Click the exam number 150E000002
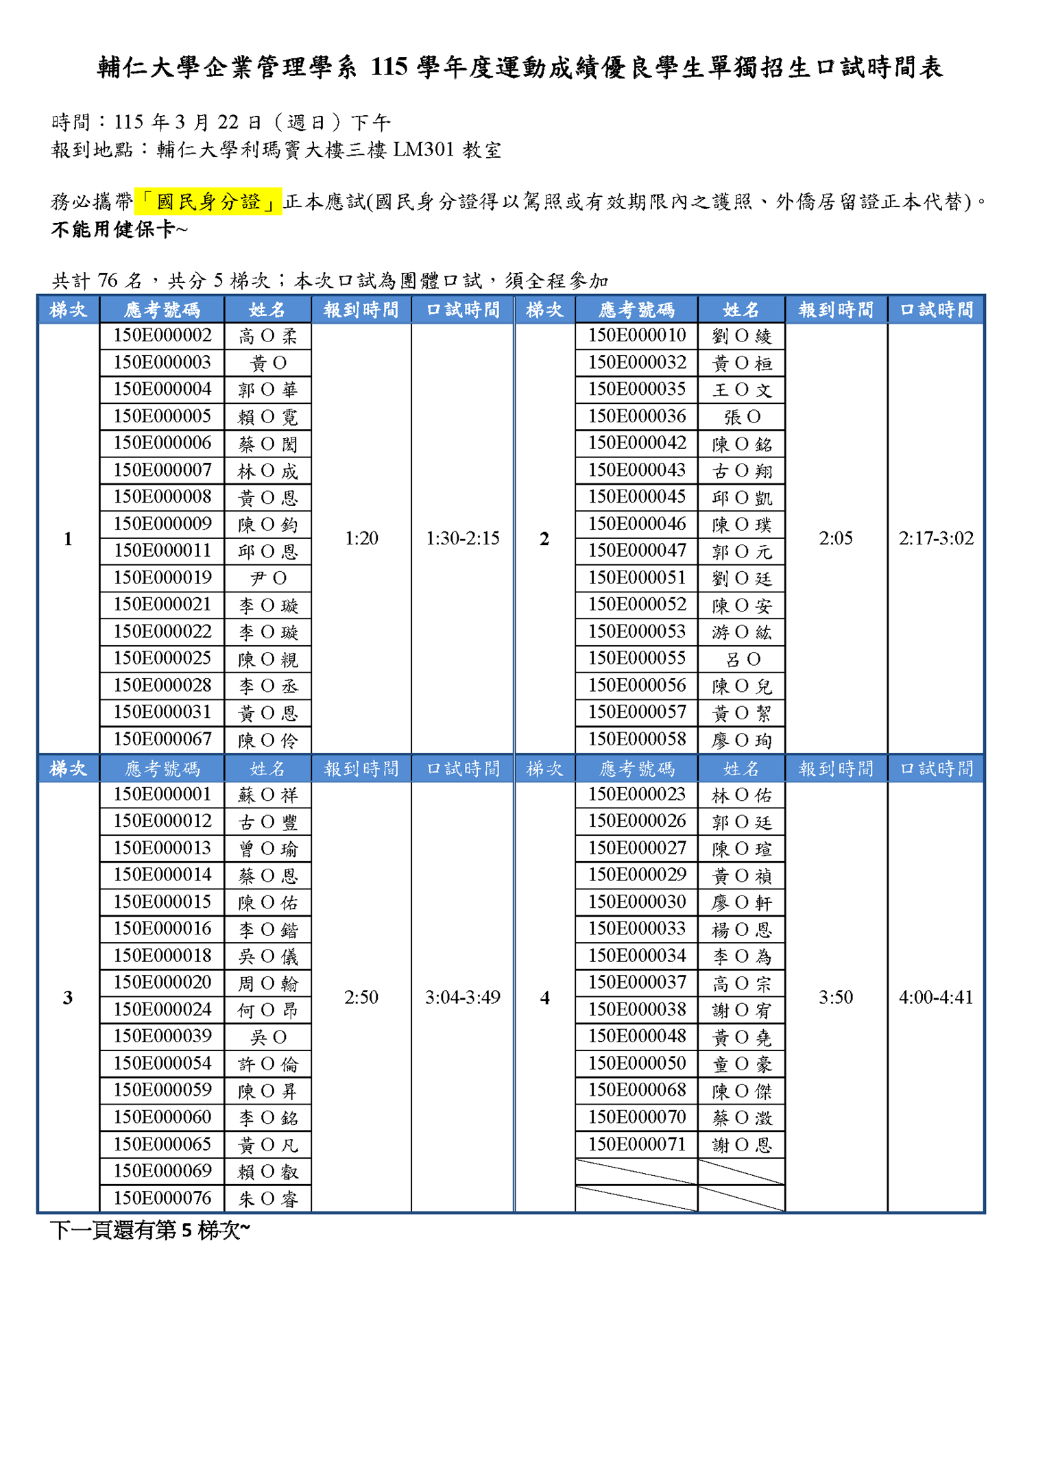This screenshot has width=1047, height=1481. point(162,335)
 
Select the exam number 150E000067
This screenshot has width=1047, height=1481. point(162,739)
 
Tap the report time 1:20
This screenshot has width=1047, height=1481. point(361,538)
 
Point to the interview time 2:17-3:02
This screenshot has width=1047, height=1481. point(935,538)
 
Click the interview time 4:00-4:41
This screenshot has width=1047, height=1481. point(935,997)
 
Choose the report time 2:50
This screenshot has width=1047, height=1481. point(361,997)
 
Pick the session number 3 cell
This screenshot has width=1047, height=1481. point(68,998)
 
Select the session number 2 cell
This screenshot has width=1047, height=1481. point(544,539)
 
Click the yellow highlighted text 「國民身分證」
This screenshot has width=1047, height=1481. point(208,202)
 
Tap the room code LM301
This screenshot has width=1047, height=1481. point(423,149)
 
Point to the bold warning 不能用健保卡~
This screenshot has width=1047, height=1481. point(119,230)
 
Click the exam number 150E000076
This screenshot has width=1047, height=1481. point(162,1198)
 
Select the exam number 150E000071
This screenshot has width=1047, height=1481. point(636,1144)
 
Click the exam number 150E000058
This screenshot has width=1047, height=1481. point(636,739)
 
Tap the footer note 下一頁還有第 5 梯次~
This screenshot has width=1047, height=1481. point(150,1231)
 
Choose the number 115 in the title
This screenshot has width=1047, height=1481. point(389,67)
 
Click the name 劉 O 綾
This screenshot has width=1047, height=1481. point(741,336)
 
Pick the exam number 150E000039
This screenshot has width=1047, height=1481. point(162,1036)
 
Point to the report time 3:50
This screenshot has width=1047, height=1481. point(835,997)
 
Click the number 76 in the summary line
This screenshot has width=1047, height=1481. point(108,280)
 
